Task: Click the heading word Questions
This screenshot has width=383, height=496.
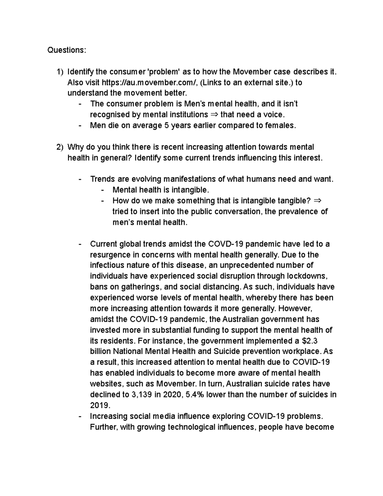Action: [66, 50]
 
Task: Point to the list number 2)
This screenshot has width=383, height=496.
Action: [60, 147]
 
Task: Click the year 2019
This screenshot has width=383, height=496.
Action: [100, 406]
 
